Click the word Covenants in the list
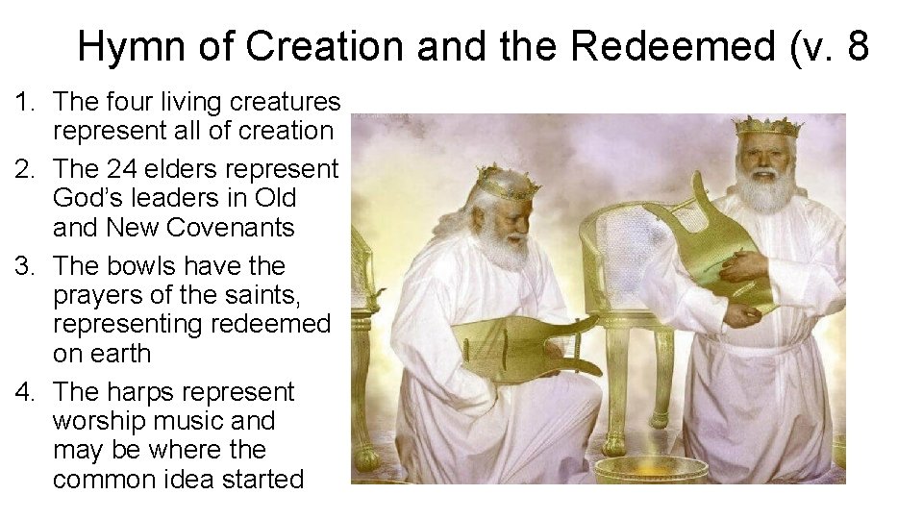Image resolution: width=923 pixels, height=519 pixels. pyautogui.click(x=231, y=227)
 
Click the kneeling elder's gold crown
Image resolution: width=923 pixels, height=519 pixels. pyautogui.click(x=504, y=181)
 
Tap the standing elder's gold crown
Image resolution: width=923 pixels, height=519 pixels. pyautogui.click(x=766, y=127)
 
